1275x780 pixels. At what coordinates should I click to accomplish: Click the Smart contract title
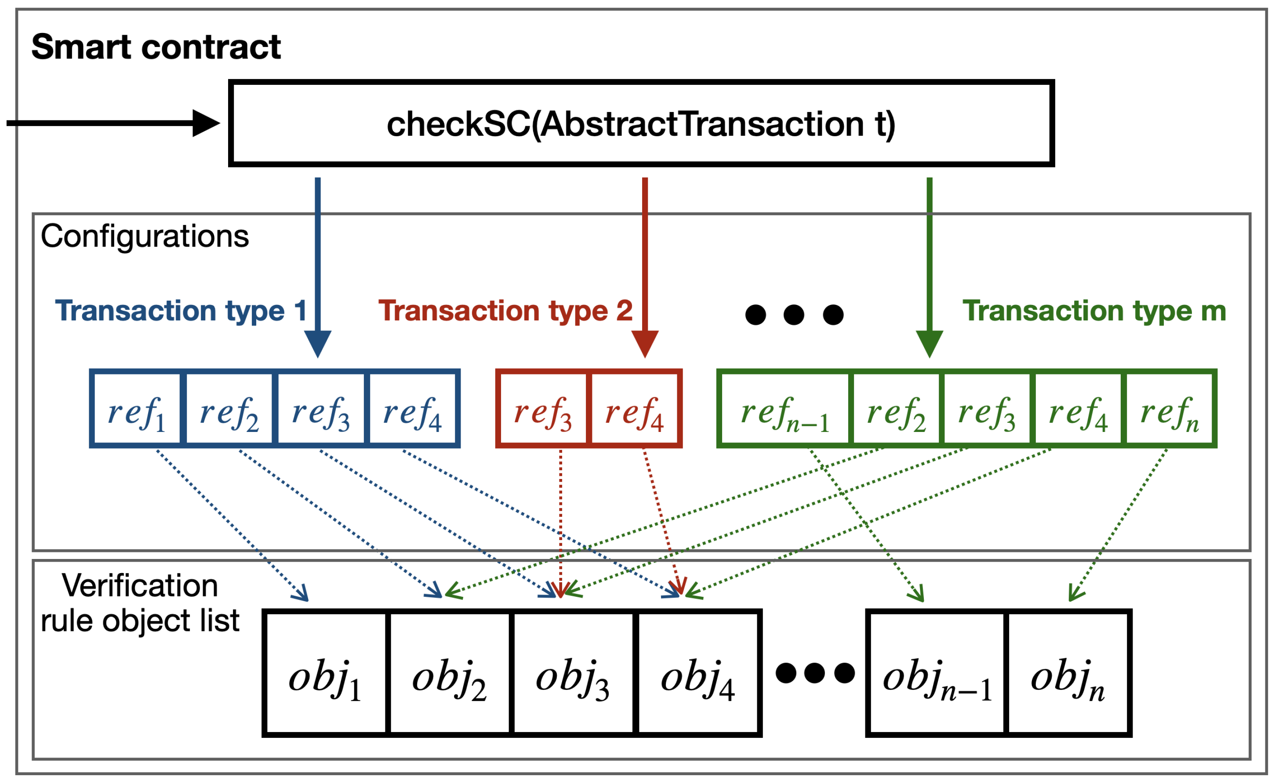(156, 47)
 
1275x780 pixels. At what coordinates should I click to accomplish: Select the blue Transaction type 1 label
(181, 311)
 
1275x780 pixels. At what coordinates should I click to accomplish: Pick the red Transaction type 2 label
(505, 311)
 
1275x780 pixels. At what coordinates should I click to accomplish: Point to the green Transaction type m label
(1093, 311)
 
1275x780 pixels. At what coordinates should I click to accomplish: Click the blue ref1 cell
(137, 408)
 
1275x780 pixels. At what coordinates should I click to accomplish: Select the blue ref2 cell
(229, 408)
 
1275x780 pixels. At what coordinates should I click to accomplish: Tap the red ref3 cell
(542, 408)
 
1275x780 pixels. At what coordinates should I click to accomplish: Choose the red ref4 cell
(634, 408)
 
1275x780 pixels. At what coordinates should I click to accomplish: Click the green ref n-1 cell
(785, 408)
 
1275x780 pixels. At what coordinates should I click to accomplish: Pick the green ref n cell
(1169, 408)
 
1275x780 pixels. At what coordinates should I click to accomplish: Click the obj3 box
(572, 673)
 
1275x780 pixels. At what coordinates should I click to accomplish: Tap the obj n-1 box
(937, 673)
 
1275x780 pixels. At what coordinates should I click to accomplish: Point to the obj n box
(1068, 673)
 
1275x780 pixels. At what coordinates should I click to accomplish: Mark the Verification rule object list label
(140, 603)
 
